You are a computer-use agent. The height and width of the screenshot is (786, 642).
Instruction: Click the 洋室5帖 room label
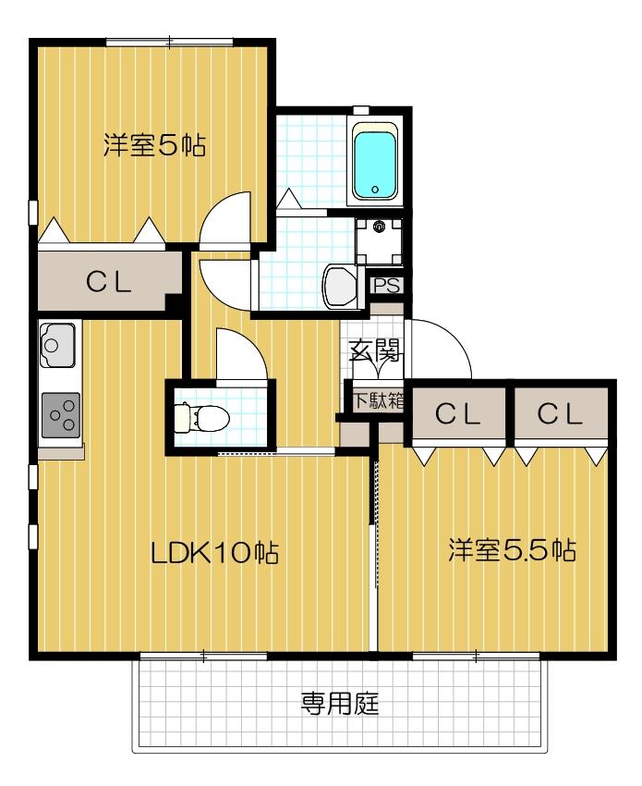(153, 146)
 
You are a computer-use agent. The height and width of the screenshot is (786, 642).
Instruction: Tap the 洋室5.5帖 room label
(512, 551)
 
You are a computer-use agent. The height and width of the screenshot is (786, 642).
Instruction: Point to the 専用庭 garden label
(340, 705)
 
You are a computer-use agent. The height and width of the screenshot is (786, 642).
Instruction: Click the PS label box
(385, 286)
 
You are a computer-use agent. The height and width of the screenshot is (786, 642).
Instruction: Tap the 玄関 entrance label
(373, 350)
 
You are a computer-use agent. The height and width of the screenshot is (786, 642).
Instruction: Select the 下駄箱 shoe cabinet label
(378, 400)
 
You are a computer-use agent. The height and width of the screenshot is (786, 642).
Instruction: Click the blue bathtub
(375, 163)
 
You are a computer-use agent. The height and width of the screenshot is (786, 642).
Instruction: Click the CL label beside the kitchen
(108, 283)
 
